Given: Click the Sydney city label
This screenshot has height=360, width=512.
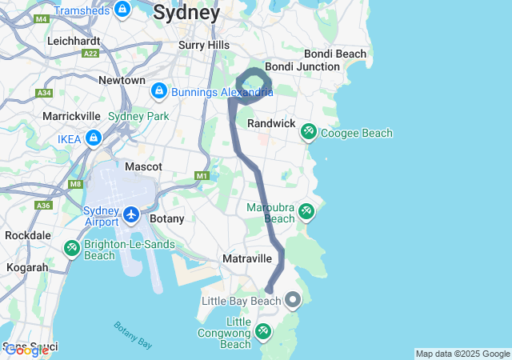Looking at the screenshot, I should click(x=186, y=13).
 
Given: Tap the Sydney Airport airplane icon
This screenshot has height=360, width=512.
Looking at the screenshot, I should click(x=132, y=214).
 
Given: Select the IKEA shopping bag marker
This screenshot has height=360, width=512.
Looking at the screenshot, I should click(x=94, y=138).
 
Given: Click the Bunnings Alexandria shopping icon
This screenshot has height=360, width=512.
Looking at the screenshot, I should click(x=158, y=92).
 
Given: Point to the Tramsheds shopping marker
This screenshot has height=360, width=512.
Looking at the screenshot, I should click(x=122, y=10).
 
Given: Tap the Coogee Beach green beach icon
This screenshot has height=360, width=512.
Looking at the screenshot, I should click(x=308, y=130).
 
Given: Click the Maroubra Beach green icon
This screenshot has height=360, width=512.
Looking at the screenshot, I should click(x=306, y=212).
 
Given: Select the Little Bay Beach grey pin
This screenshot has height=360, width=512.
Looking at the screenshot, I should click(x=293, y=301).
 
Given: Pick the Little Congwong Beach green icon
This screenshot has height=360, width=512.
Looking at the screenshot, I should click(x=263, y=331).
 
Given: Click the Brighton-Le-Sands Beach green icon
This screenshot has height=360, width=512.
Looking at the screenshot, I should click(x=72, y=249).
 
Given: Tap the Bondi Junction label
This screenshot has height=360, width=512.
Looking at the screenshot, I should click(x=302, y=66).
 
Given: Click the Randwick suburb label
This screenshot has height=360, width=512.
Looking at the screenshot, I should click(x=271, y=124).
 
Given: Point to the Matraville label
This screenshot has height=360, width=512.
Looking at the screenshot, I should click(x=247, y=259).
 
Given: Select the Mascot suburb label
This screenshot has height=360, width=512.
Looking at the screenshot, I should click(x=143, y=166).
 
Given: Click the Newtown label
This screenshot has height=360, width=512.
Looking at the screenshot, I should click(x=122, y=80).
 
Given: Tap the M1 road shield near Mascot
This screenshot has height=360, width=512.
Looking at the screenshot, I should click(x=202, y=175).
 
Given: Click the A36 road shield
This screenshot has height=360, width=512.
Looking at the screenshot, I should click(x=43, y=205).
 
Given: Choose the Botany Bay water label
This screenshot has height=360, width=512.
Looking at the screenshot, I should click(x=133, y=334).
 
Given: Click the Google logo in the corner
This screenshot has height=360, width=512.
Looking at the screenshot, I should click(x=26, y=350).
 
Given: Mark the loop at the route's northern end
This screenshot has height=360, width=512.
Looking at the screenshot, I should click(x=254, y=83).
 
